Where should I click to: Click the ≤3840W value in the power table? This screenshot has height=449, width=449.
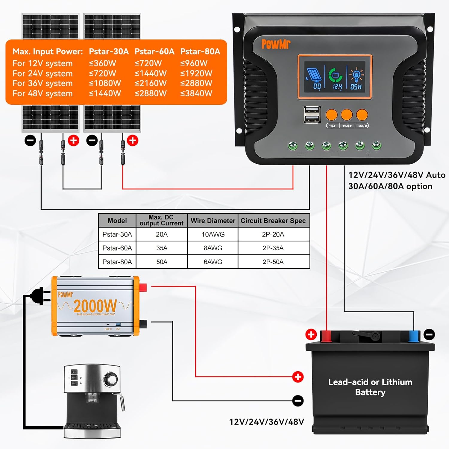(196, 93)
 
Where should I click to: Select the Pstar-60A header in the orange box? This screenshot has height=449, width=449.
(154, 51)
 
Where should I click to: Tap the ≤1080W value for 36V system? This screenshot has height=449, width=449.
(105, 83)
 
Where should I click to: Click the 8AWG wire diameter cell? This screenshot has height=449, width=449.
(213, 248)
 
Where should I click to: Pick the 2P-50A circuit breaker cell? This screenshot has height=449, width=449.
(273, 262)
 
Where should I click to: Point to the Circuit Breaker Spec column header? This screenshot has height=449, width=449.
(273, 221)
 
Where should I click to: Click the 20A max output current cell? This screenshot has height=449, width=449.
(162, 234)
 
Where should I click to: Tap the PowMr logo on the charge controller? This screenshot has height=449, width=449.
(276, 44)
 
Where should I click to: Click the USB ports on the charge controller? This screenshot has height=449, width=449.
(312, 114)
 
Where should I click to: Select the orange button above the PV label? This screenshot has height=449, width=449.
(331, 115)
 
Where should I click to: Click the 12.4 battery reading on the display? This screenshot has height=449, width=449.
(337, 87)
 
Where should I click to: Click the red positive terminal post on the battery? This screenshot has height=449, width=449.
(326, 336)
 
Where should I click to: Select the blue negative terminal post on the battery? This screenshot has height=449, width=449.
(414, 336)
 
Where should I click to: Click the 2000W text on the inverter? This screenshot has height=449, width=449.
(95, 306)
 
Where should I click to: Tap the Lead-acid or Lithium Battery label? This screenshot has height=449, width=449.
(370, 387)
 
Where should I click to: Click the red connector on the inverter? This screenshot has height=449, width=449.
(143, 288)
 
